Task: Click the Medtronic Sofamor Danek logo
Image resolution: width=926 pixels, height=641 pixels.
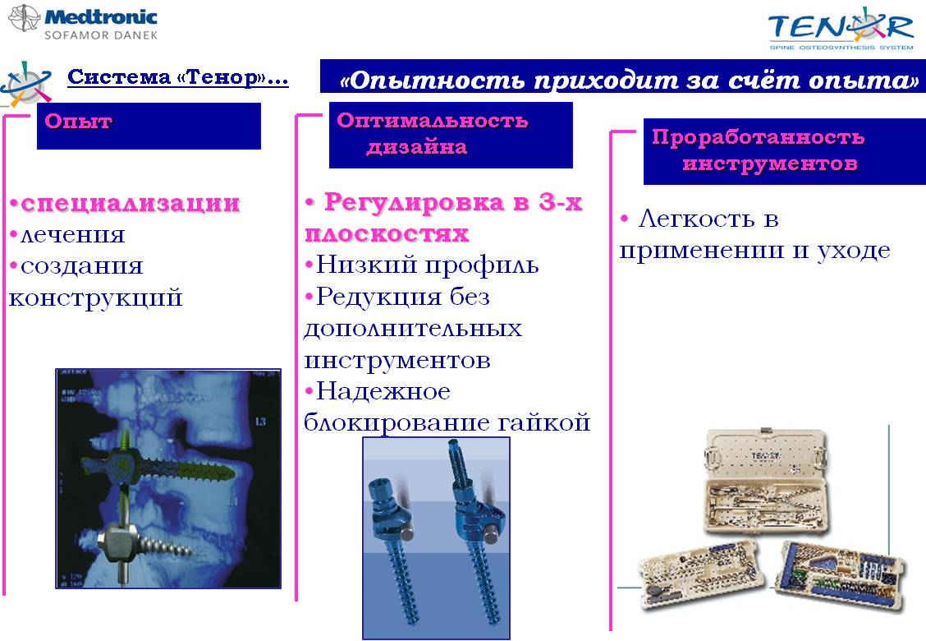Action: point(83,21)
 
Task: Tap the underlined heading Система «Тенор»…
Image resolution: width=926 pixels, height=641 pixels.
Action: point(178,77)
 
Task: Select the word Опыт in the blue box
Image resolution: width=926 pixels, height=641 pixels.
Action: point(78,122)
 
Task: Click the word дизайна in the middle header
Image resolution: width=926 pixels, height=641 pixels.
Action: point(417,146)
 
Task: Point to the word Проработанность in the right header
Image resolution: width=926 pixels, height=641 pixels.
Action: point(759,136)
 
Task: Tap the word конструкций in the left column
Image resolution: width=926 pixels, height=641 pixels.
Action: point(96,298)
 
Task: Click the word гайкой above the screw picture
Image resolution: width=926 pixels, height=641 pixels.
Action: point(544,422)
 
